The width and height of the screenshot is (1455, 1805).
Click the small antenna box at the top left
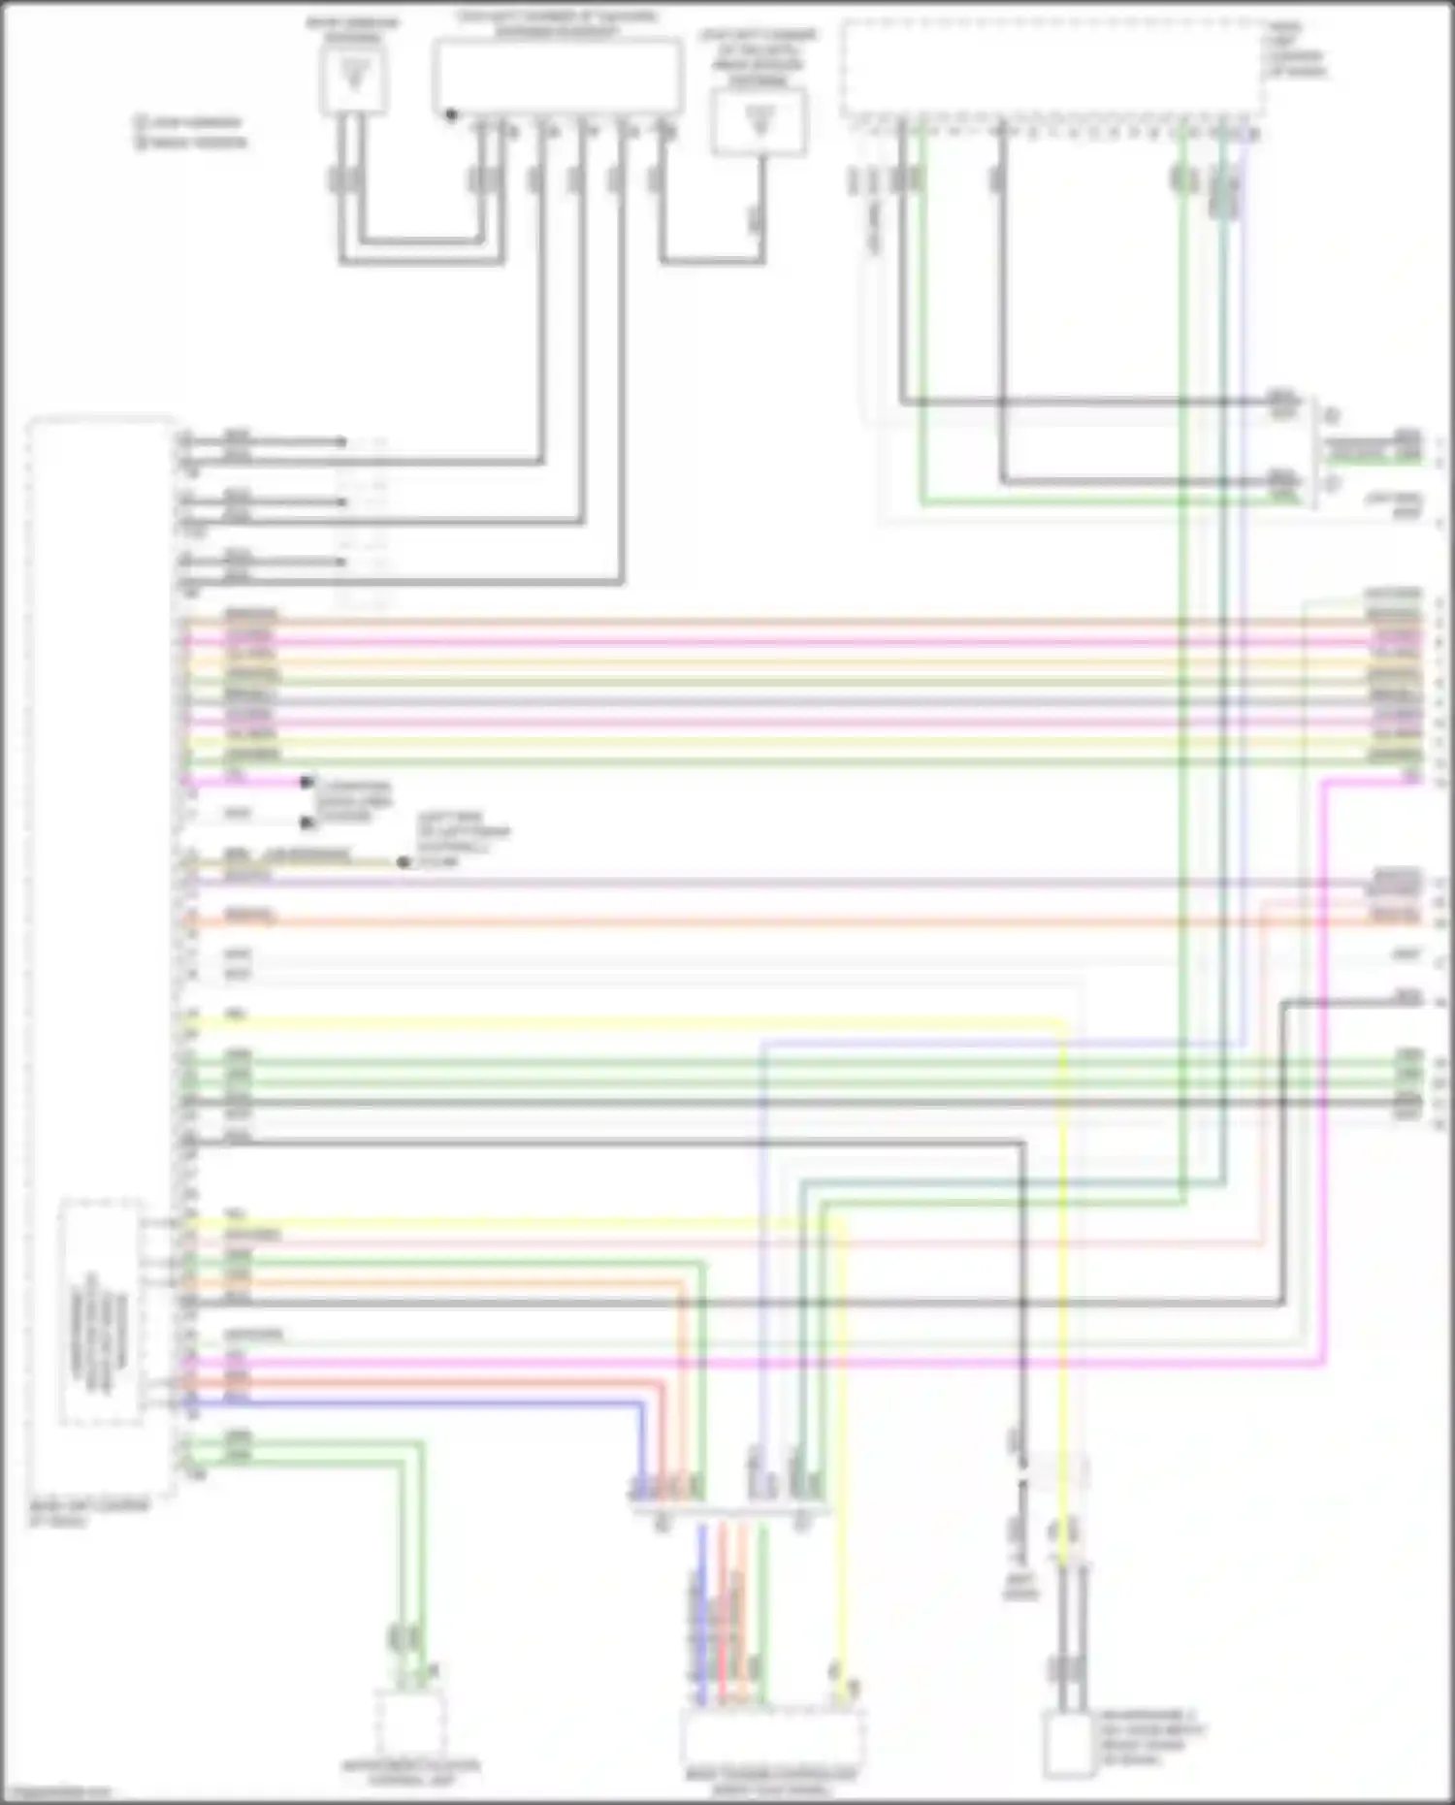pyautogui.click(x=354, y=78)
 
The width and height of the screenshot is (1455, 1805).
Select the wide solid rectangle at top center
pyautogui.click(x=558, y=77)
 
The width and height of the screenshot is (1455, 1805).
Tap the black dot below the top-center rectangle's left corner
pyautogui.click(x=451, y=115)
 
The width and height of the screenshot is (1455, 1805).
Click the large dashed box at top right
pyautogui.click(x=1052, y=68)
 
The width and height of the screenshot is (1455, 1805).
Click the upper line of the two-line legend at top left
pyautogui.click(x=191, y=123)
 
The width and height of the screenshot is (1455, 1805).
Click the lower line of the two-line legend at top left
pyautogui.click(x=191, y=143)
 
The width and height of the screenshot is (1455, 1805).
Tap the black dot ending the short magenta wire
pyautogui.click(x=307, y=782)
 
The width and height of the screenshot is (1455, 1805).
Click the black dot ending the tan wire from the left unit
pyautogui.click(x=404, y=862)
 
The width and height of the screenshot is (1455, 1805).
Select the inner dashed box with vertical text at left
pyautogui.click(x=100, y=1312)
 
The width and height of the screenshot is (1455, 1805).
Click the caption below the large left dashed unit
pyautogui.click(x=89, y=1514)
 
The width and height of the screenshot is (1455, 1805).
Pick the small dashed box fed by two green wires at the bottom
pyautogui.click(x=409, y=1724)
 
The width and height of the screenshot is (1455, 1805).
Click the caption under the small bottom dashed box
pyautogui.click(x=410, y=1773)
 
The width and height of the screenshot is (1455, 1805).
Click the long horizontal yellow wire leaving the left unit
pyautogui.click(x=621, y=1021)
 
